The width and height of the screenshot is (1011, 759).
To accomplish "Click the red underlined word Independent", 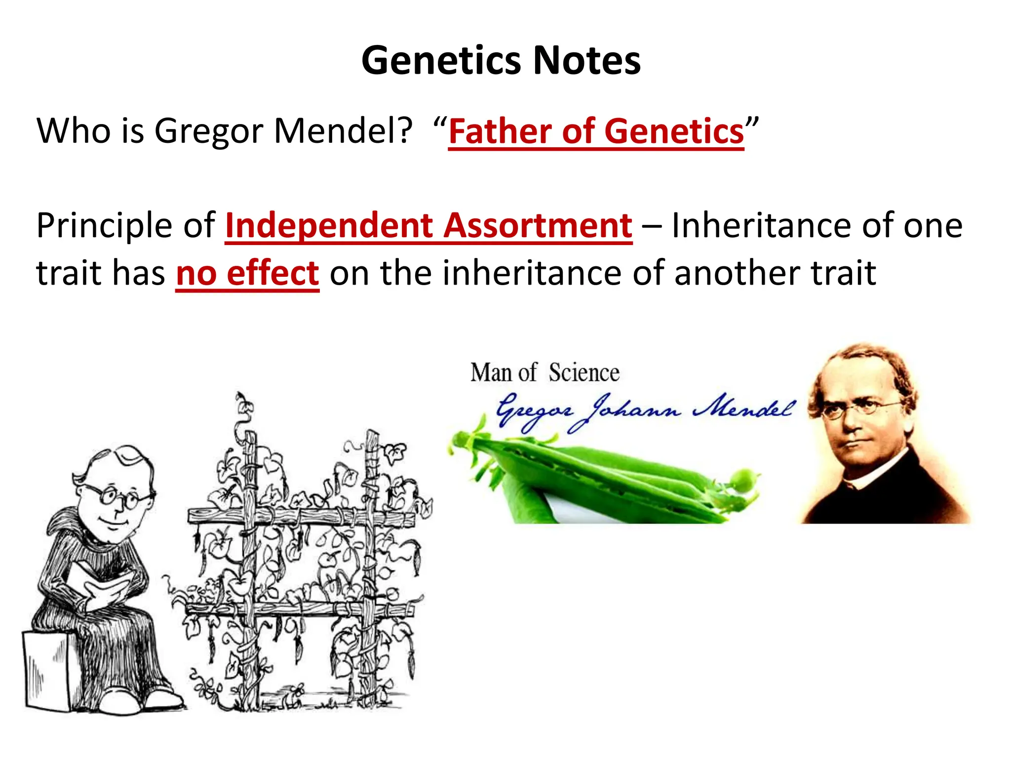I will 328,226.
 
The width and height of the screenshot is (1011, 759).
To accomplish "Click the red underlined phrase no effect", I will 247,273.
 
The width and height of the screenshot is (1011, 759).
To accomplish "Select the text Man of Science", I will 544,373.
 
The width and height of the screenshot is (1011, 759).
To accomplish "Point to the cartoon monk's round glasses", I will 118,497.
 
